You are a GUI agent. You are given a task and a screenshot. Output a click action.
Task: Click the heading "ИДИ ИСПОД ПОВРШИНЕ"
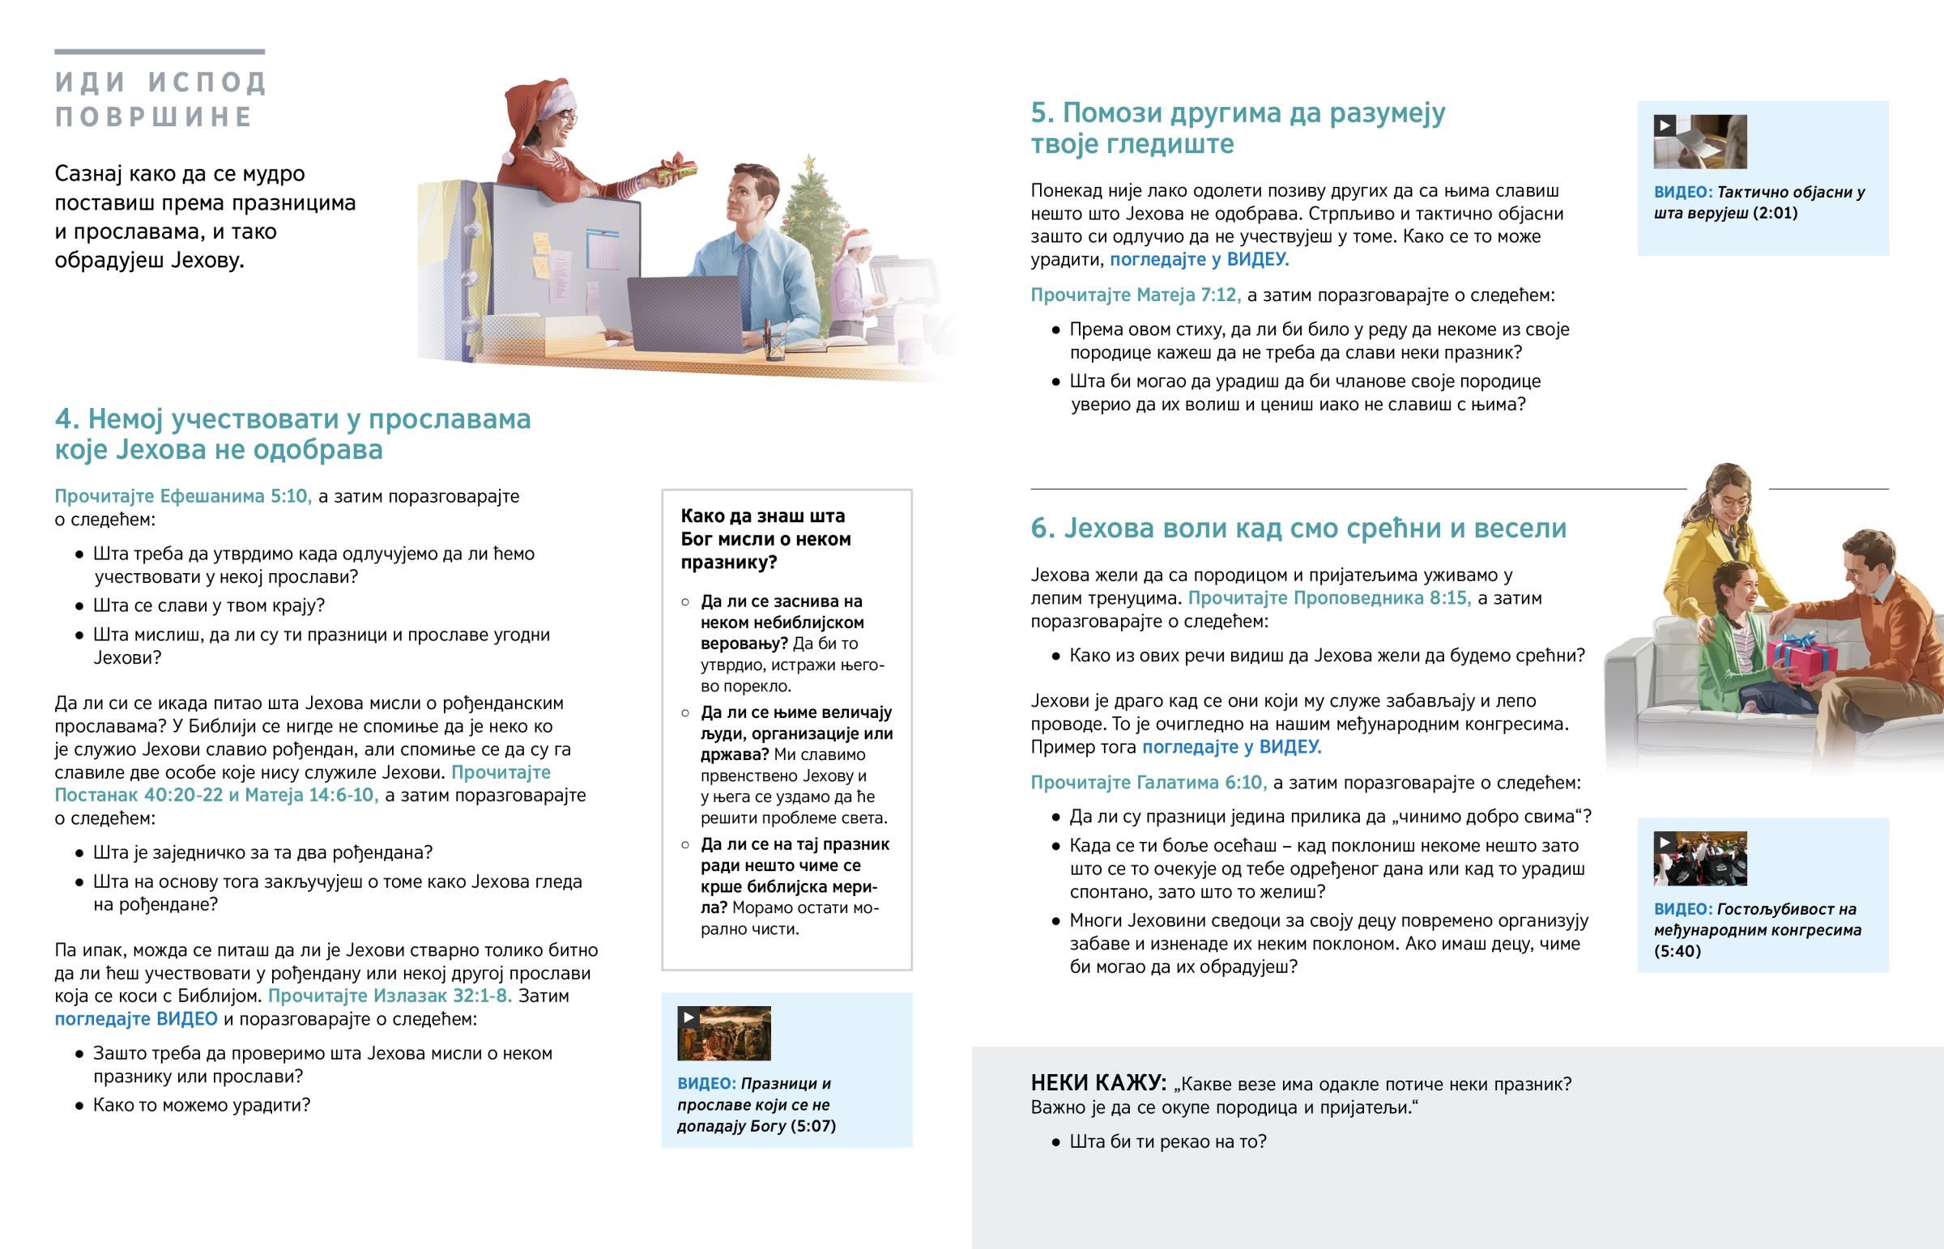(160, 99)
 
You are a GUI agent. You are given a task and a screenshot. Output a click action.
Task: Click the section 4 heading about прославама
(293, 434)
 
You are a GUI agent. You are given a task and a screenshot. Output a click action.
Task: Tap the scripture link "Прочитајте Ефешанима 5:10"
(182, 495)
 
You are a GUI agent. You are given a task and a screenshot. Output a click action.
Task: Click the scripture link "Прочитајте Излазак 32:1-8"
(390, 995)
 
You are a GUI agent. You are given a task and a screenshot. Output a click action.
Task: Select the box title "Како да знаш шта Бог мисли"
(766, 538)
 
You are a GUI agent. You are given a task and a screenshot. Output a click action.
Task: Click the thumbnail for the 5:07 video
(723, 1033)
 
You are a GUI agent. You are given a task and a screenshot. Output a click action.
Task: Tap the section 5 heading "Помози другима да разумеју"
(1238, 128)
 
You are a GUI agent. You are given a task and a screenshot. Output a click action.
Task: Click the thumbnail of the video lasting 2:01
(1699, 142)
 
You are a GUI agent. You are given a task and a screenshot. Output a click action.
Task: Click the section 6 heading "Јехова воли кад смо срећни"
(1298, 528)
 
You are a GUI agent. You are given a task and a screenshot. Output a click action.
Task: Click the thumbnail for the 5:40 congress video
(1699, 859)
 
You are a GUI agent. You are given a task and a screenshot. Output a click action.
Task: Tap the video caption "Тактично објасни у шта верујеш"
(1759, 202)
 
